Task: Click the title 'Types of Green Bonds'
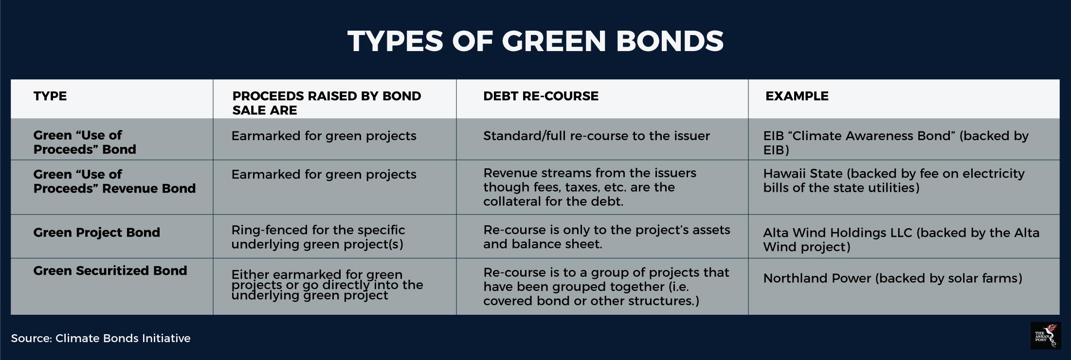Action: tap(535, 41)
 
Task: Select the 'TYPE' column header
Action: tap(50, 96)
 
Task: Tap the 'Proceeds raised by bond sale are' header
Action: tap(327, 103)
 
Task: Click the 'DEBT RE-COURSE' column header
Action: tap(541, 96)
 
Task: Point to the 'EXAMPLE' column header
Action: tap(797, 96)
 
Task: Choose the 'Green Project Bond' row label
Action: tap(96, 233)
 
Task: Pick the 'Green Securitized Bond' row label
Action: tap(110, 270)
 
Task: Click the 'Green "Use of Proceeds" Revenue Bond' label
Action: tap(114, 181)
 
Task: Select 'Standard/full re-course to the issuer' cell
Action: tap(597, 136)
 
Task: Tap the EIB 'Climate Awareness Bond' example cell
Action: tap(896, 143)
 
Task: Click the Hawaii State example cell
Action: tap(894, 180)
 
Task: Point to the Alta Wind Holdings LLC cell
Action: tap(901, 239)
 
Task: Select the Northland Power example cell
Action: tap(892, 278)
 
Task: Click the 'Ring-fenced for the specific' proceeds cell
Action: tap(318, 237)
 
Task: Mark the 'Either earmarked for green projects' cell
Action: tap(327, 285)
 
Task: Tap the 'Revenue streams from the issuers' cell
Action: tap(590, 187)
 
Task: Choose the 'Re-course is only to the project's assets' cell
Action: tap(607, 237)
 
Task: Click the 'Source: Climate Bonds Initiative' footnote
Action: tap(101, 338)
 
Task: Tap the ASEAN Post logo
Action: tap(1046, 336)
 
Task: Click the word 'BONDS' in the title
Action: tap(670, 41)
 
